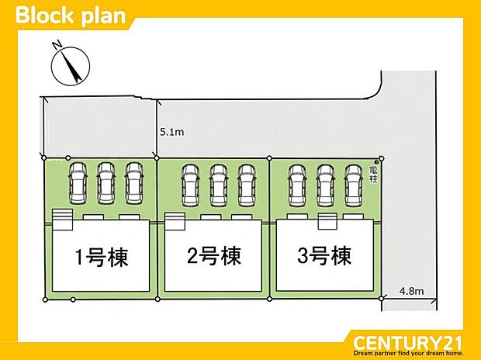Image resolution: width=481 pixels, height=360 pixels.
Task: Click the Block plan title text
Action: (71, 16)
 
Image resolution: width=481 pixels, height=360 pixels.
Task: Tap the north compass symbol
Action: (71, 65)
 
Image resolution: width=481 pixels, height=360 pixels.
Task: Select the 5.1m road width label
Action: (171, 132)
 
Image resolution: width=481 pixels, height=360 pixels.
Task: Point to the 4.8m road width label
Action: (412, 291)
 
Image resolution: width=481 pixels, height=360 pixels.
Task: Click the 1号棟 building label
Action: (102, 257)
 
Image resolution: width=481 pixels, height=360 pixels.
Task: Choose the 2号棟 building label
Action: (214, 256)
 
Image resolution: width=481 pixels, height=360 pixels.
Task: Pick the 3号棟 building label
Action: (324, 256)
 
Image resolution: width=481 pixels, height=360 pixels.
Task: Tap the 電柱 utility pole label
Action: (373, 175)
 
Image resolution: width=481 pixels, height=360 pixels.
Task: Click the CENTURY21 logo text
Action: (407, 342)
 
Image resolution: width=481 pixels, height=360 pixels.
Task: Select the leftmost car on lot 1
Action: (78, 183)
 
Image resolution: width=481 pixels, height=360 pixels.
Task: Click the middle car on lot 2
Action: (219, 185)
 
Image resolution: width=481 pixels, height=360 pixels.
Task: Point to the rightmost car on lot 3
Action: (354, 185)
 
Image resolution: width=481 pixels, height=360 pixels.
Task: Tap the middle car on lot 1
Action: (106, 183)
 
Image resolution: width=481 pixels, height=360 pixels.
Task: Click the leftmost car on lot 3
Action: (297, 185)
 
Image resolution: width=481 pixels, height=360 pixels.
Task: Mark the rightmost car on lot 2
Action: (247, 185)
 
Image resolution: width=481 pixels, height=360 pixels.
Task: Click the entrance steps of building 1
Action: (63, 220)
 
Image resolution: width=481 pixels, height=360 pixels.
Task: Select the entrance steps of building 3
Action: (327, 221)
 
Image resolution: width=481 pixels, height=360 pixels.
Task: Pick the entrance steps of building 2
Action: (175, 221)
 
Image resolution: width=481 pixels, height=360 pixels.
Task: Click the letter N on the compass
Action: (57, 45)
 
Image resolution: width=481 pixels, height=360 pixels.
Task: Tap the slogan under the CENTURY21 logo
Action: (407, 353)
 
